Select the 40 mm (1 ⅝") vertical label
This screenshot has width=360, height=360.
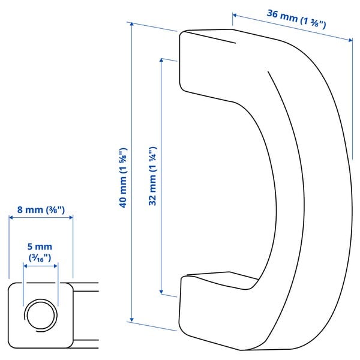(122, 177)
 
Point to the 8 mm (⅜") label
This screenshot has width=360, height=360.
(41, 210)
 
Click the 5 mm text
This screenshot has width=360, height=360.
(40, 247)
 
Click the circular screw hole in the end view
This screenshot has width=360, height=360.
(40, 313)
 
